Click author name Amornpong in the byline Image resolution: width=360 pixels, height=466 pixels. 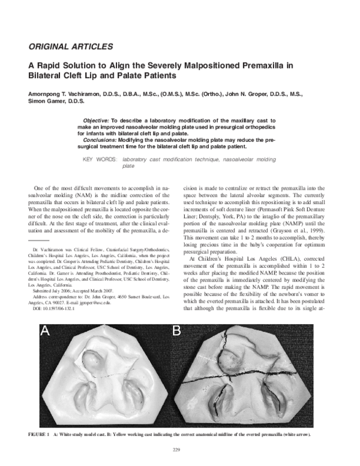coord(47,94)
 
